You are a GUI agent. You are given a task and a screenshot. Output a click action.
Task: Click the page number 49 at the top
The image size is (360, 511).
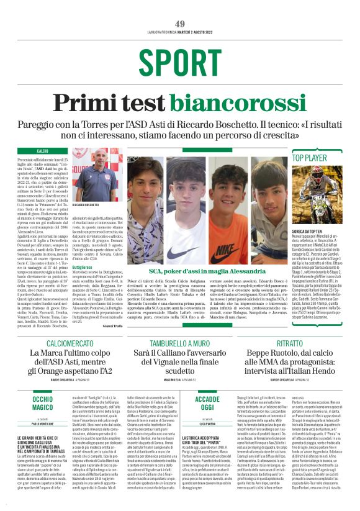[x=180, y=24]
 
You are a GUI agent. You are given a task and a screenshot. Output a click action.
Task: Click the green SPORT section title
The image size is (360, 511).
[x=180, y=63]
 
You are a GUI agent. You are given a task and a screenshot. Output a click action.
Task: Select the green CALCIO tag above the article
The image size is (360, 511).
[x=42, y=151]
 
